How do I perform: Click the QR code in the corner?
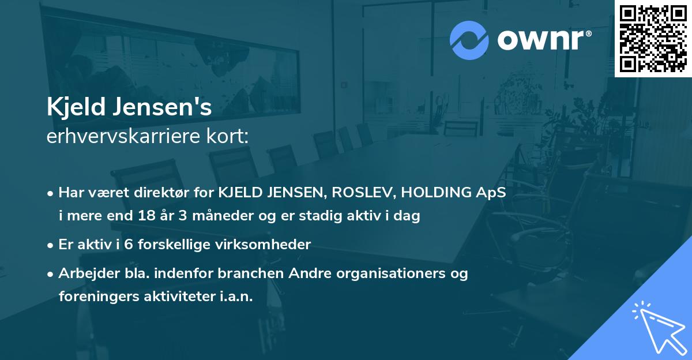pyautogui.click(x=653, y=38)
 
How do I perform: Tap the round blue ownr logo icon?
pyautogui.click(x=469, y=40)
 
